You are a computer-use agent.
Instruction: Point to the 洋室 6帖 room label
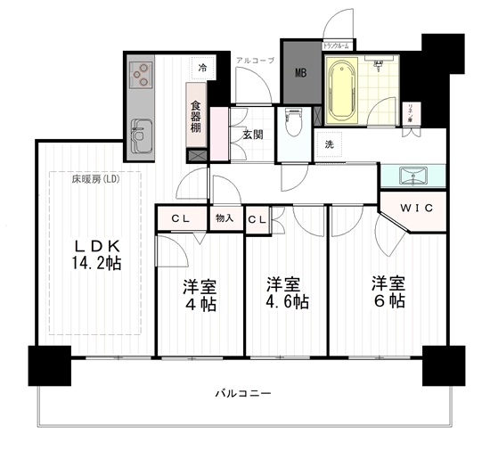[x=388, y=292]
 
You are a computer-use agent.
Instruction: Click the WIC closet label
[x=416, y=208]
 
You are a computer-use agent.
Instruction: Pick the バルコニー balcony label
[x=241, y=393]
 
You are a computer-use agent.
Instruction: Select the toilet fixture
[x=293, y=123]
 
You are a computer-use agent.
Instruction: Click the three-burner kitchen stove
[x=141, y=75]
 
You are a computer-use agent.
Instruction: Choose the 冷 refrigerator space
[x=202, y=68]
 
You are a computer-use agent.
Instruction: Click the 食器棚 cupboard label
[x=195, y=115]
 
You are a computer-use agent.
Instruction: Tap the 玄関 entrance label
[x=251, y=135]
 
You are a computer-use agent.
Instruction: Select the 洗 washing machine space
[x=329, y=144]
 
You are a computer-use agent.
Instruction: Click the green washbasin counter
[x=412, y=175]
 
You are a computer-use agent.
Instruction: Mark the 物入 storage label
[x=224, y=218]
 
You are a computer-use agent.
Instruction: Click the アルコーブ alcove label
[x=255, y=60]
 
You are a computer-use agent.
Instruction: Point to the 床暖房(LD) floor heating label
[x=95, y=179]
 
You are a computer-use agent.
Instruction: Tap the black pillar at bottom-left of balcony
[x=49, y=365]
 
